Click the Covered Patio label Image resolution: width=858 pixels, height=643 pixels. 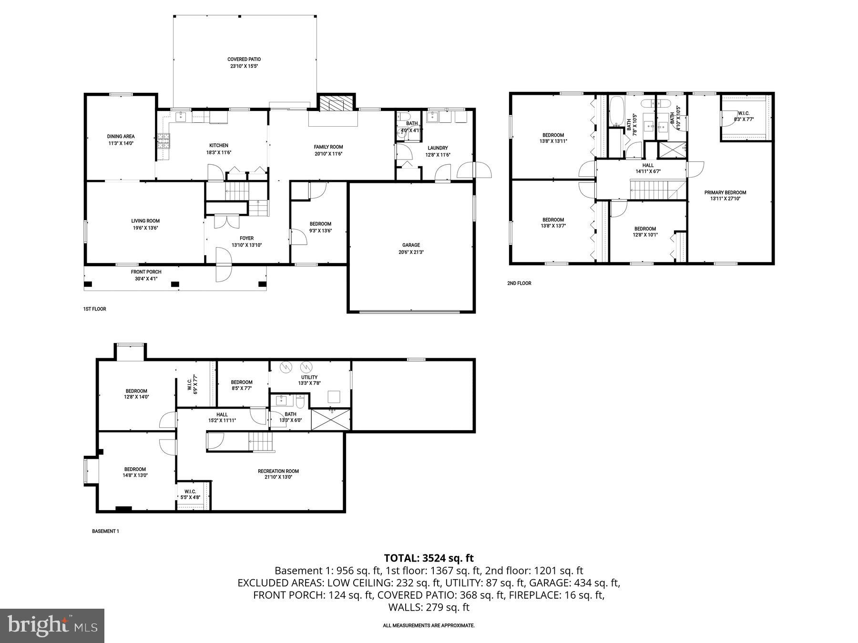[x=244, y=60]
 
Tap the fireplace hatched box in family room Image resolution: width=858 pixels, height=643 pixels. [x=337, y=103]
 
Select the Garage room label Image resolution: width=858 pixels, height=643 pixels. [x=410, y=245]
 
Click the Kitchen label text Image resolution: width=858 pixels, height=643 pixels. [x=219, y=145]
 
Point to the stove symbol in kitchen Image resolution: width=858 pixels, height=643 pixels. [x=163, y=141]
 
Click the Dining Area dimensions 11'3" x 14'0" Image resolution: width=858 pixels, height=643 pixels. [x=121, y=143]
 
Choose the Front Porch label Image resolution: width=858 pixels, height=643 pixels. [x=146, y=272]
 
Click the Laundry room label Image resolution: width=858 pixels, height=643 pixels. [x=438, y=148]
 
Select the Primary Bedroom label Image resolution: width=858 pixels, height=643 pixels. [x=725, y=192]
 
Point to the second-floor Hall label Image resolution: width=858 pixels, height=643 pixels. [x=648, y=165]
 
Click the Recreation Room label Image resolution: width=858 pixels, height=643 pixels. [x=278, y=471]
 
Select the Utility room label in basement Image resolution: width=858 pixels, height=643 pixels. [x=309, y=377]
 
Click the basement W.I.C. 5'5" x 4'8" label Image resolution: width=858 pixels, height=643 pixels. [x=190, y=494]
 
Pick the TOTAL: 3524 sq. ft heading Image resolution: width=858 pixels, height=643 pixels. [x=429, y=558]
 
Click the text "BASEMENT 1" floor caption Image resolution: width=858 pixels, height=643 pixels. [x=105, y=531]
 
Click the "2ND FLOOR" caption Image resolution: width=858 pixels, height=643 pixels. [x=519, y=283]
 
